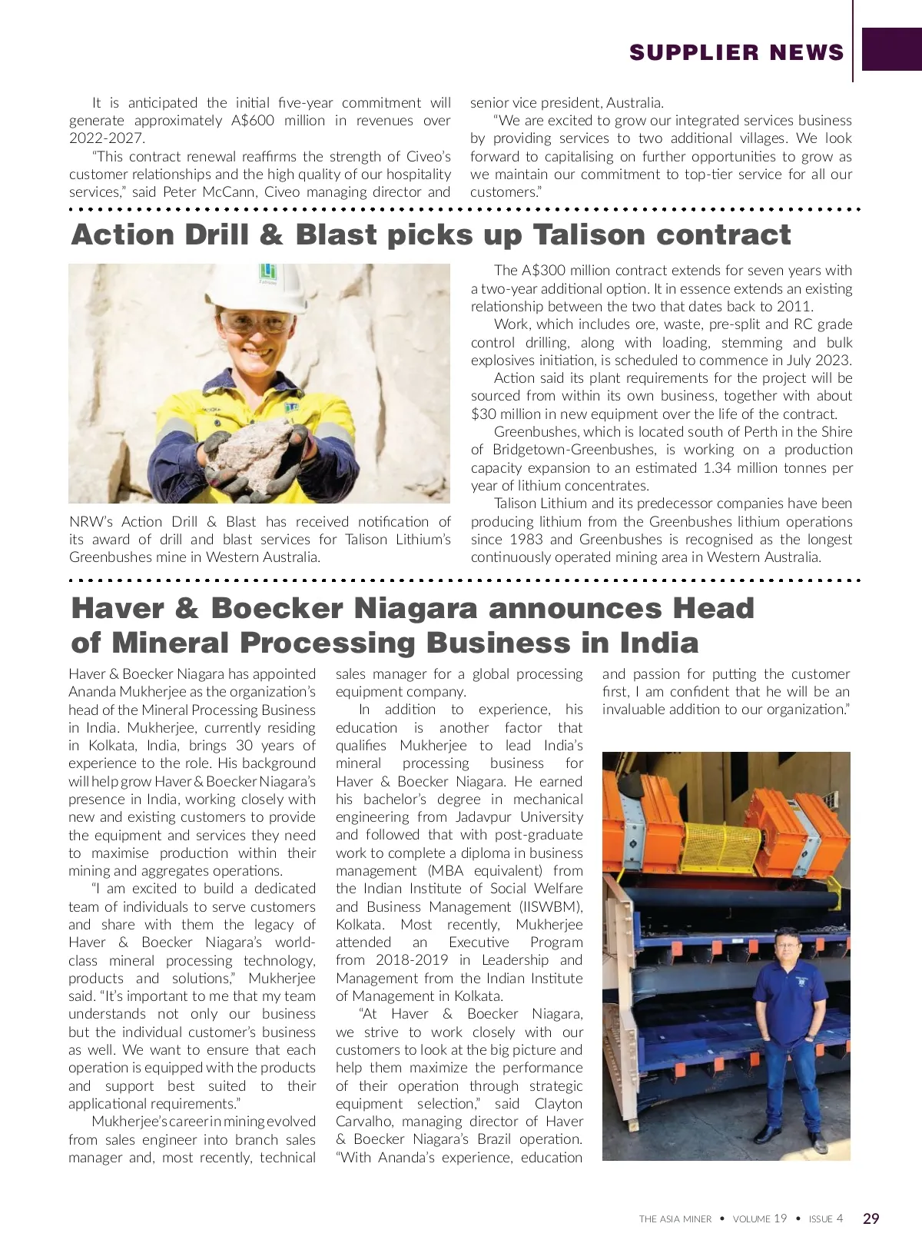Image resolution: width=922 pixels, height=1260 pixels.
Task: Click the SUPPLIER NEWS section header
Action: click(x=736, y=52)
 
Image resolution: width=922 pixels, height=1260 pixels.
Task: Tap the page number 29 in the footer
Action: click(x=871, y=1218)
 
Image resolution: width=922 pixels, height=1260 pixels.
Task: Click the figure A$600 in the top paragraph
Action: click(x=253, y=121)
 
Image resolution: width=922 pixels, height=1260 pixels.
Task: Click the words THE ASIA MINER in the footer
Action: click(x=675, y=1219)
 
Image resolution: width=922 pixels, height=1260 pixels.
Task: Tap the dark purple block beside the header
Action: click(x=891, y=49)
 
